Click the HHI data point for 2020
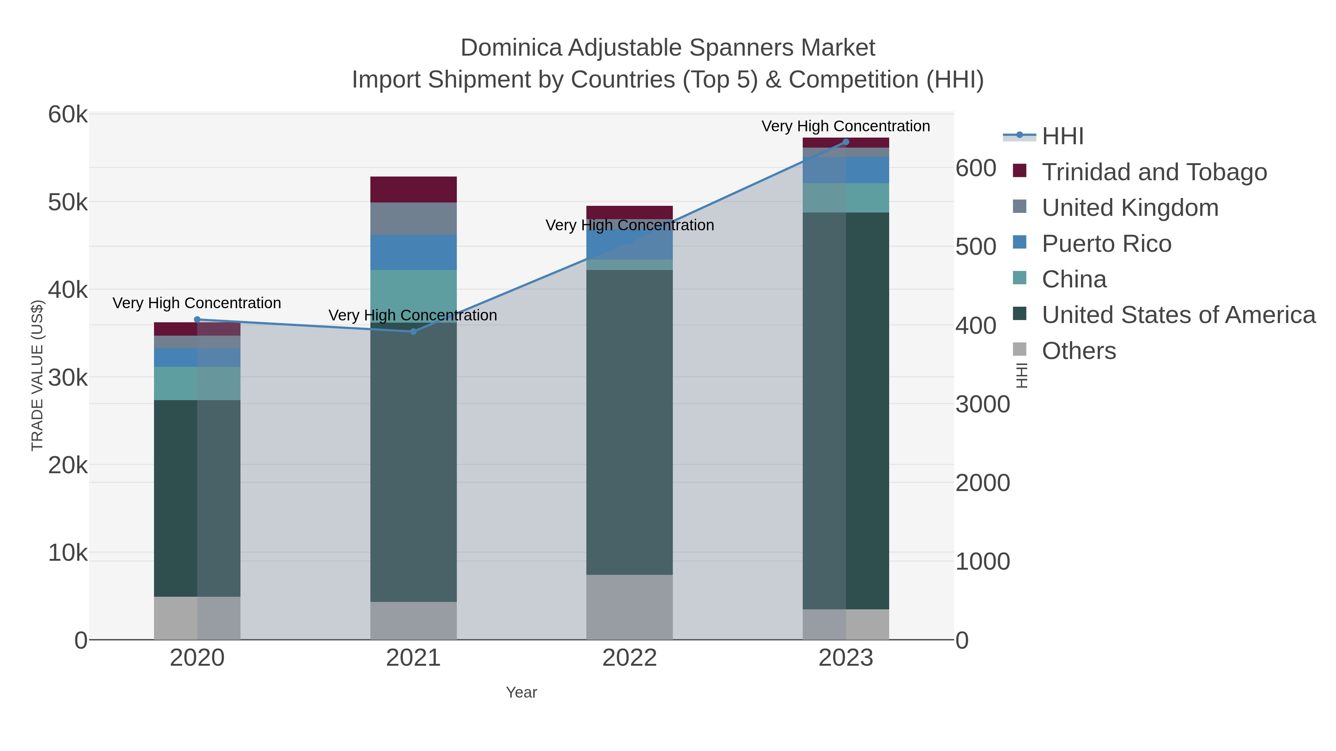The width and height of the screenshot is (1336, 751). [197, 320]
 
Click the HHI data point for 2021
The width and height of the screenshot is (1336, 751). [413, 332]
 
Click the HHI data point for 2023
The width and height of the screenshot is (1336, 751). [846, 142]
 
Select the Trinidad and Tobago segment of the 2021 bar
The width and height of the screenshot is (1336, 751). [413, 189]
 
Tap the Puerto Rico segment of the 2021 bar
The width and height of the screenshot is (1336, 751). [413, 253]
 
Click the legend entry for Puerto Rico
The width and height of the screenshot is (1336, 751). [1106, 244]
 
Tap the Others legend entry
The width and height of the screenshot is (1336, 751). [1079, 351]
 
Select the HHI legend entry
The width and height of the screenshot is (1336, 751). [1062, 136]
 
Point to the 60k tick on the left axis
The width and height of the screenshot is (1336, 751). [68, 115]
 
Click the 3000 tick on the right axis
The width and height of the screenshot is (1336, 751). [983, 404]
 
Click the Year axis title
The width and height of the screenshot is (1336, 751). [521, 692]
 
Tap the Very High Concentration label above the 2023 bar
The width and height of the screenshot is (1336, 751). [845, 126]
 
